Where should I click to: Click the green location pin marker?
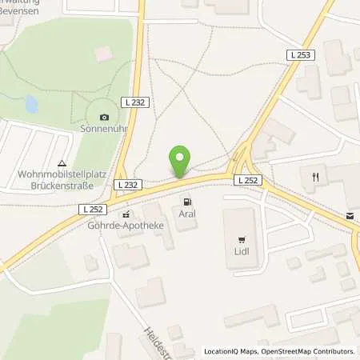[180, 160]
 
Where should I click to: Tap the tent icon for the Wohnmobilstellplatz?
[61, 163]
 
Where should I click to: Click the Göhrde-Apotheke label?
[126, 225]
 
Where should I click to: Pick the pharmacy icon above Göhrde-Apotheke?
[126, 214]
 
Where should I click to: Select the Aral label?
[187, 214]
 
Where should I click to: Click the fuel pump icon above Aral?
[187, 202]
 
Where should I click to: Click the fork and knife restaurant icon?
[316, 176]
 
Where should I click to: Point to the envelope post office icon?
[350, 216]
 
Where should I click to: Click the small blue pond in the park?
[31, 104]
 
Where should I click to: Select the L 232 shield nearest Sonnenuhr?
[132, 102]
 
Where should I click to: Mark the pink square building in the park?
[102, 53]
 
